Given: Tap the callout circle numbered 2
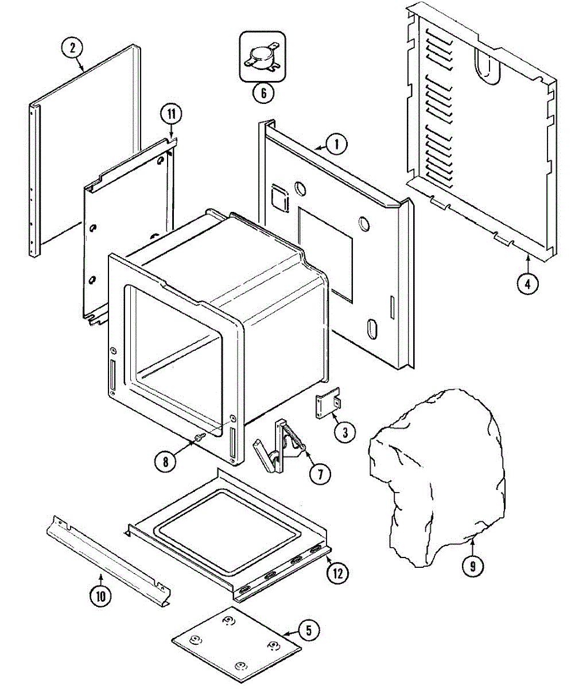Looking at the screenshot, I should tap(72, 48).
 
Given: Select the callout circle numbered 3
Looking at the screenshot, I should tap(344, 432).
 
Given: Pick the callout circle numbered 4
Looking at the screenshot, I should tap(527, 283).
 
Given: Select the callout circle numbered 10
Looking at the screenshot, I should tap(101, 597).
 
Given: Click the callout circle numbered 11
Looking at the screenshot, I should tap(171, 113).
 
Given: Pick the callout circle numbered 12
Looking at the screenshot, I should tap(337, 572).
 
